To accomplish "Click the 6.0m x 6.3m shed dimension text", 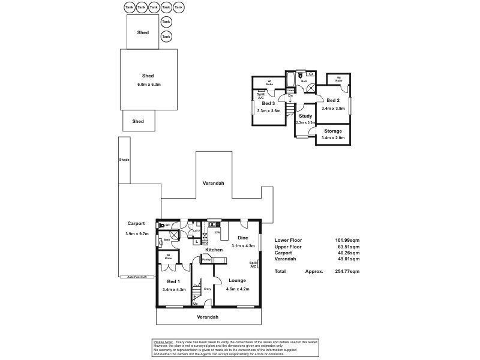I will pyautogui.click(x=148, y=85).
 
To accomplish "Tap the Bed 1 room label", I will pyautogui.click(x=173, y=281).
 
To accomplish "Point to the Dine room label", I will pyautogui.click(x=243, y=238).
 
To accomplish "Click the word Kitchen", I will pyautogui.click(x=214, y=250).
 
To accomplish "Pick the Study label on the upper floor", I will pyautogui.click(x=305, y=116).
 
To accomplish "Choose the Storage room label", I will pyautogui.click(x=333, y=131).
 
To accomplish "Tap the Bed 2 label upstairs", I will pyautogui.click(x=333, y=100).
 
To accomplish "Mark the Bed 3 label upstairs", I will pyautogui.click(x=268, y=103).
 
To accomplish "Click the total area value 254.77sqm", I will pyautogui.click(x=347, y=271).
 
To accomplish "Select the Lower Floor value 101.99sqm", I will pyautogui.click(x=347, y=240).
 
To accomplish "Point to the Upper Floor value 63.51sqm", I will pyautogui.click(x=348, y=246).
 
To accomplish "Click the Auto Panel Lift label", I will pyautogui.click(x=137, y=277).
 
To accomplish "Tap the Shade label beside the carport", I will pyautogui.click(x=124, y=160).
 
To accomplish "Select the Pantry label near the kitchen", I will pyautogui.click(x=206, y=259).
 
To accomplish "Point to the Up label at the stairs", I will pyautogui.click(x=195, y=304).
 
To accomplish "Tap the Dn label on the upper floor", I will pyautogui.click(x=290, y=95).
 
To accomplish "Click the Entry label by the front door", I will pyautogui.click(x=208, y=289).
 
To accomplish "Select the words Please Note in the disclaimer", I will pyautogui.click(x=163, y=341).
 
